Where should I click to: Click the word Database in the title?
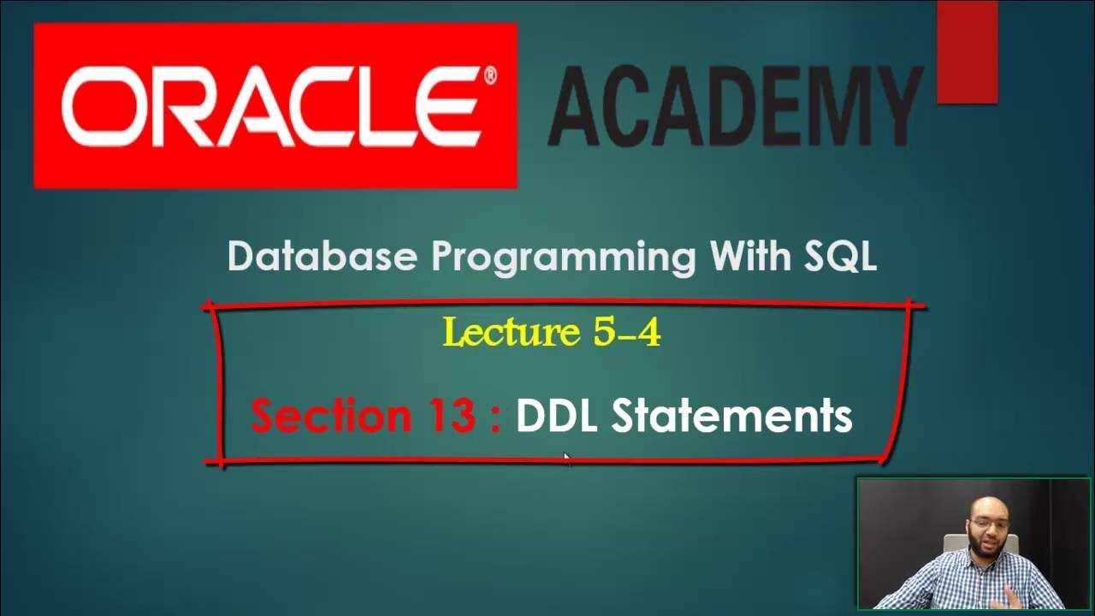pos(323,257)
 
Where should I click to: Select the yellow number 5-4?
pos(626,332)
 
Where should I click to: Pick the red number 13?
pos(449,416)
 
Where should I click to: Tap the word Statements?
pos(731,417)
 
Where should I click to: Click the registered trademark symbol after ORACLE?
pos(489,75)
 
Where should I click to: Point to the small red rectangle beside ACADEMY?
pos(967,52)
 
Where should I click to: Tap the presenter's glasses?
pos(990,522)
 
